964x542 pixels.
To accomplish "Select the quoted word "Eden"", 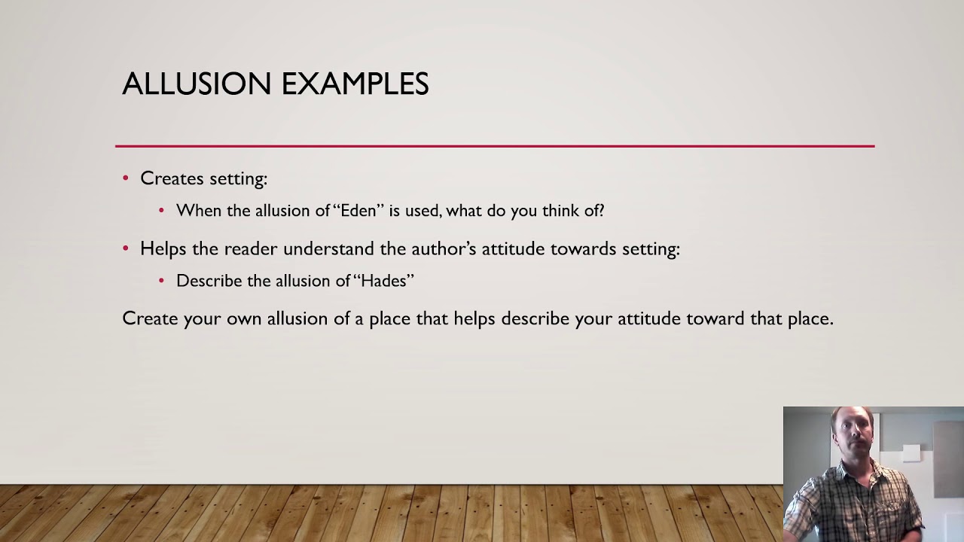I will (358, 211).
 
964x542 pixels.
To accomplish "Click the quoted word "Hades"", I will (383, 281).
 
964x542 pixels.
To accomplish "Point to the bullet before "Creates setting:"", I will (126, 178).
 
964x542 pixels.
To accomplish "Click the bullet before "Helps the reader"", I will (126, 248).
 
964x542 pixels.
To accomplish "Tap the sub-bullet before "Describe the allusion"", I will (161, 281).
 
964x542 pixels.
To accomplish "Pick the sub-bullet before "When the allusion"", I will (161, 211).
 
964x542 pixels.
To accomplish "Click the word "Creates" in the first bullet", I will (171, 178).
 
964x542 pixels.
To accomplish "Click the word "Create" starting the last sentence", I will (150, 318).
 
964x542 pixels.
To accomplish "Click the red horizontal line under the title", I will (494, 146).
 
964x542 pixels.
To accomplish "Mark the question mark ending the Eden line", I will (600, 211).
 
